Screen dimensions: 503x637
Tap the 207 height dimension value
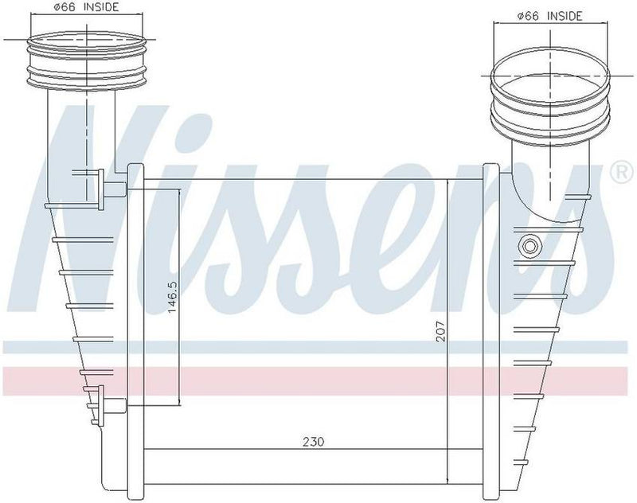pos(440,331)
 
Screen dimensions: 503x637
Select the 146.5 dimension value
pos(170,299)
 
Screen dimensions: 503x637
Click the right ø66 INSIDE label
pos(549,15)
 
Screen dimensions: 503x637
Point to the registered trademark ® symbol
pos(617,171)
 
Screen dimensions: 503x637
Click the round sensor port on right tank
pos(527,245)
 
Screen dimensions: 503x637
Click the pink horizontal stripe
pos(318,380)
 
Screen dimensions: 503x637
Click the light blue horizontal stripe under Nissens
pos(318,346)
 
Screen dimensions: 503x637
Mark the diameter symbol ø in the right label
pos(521,15)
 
